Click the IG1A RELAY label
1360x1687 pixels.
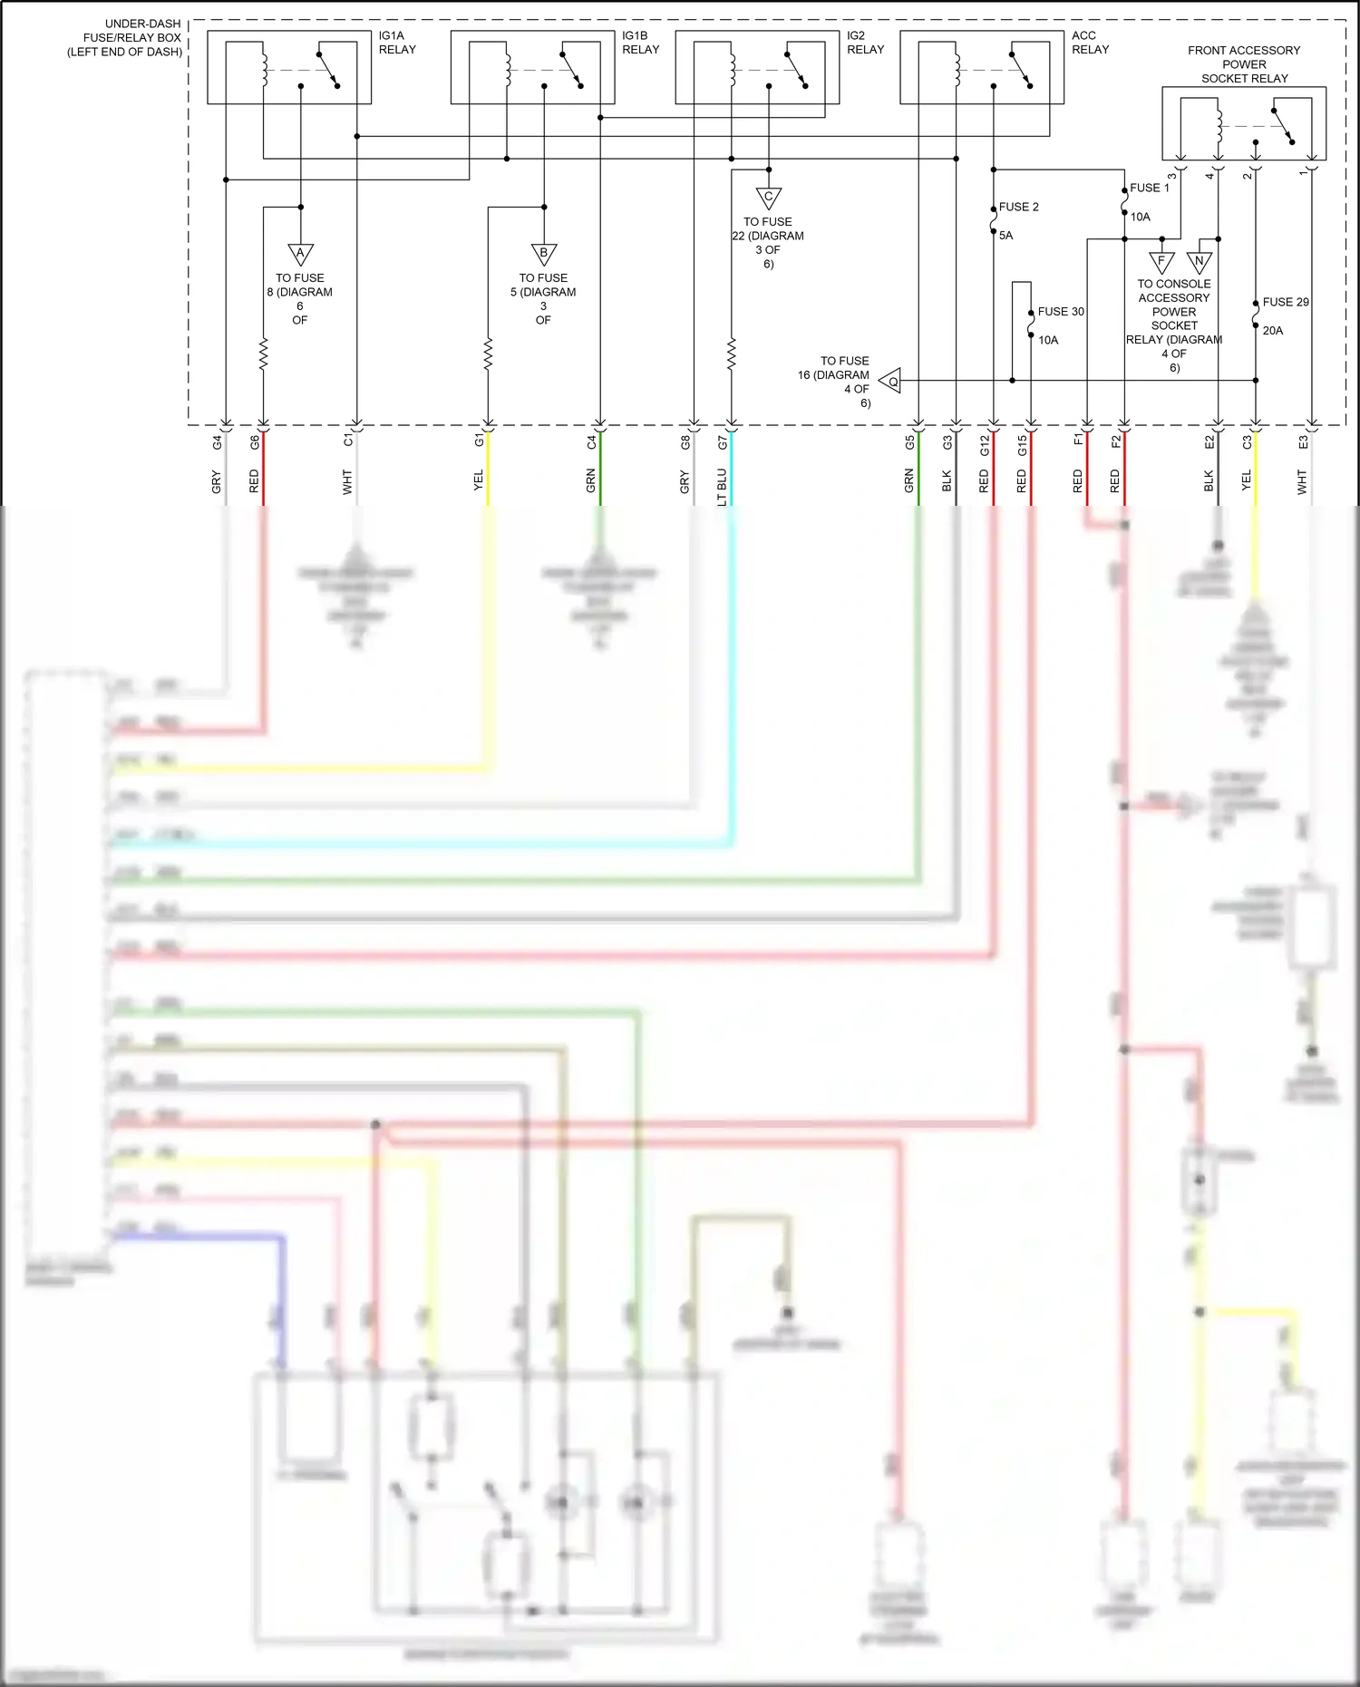pyautogui.click(x=396, y=43)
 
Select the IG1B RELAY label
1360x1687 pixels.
pyautogui.click(x=640, y=43)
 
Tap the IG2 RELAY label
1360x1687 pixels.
pyautogui.click(x=865, y=43)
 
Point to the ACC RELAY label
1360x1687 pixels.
pyautogui.click(x=1090, y=43)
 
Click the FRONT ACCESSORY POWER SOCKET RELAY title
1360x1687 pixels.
pyautogui.click(x=1244, y=64)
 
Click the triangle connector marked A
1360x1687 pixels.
pyautogui.click(x=300, y=254)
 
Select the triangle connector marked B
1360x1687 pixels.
pyautogui.click(x=543, y=254)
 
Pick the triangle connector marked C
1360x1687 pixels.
pyautogui.click(x=768, y=197)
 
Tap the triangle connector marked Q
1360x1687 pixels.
pyautogui.click(x=891, y=381)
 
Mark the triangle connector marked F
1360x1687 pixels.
pyautogui.click(x=1161, y=262)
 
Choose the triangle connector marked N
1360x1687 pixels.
pyautogui.click(x=1200, y=262)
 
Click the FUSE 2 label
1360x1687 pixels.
pyautogui.click(x=1018, y=207)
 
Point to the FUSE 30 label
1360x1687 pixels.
pyautogui.click(x=1060, y=311)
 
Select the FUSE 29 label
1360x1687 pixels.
pyautogui.click(x=1286, y=302)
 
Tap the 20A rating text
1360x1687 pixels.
pyautogui.click(x=1272, y=331)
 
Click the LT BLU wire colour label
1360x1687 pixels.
pyautogui.click(x=722, y=487)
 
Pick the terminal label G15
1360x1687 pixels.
pyautogui.click(x=1022, y=445)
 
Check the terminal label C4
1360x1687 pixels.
pyautogui.click(x=591, y=442)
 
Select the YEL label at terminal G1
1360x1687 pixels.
pyautogui.click(x=479, y=480)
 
